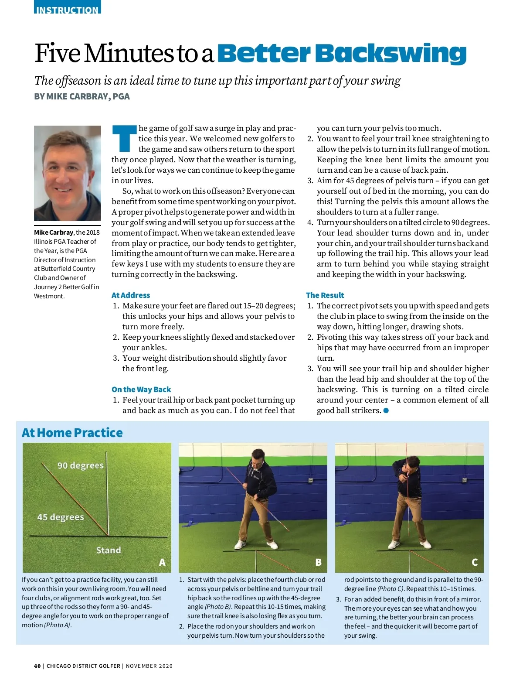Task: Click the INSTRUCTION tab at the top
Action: [x=67, y=9]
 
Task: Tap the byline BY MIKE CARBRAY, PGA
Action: [x=82, y=96]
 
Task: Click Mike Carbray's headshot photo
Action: [x=68, y=173]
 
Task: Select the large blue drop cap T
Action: [x=124, y=138]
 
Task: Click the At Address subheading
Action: [x=131, y=295]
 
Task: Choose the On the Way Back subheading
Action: [x=141, y=390]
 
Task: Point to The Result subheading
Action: [x=325, y=295]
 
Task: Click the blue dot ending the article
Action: [x=386, y=410]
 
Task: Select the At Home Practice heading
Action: [x=72, y=433]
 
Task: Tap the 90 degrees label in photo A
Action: [x=81, y=465]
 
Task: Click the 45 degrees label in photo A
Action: [x=61, y=517]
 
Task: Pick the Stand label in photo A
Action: [x=109, y=550]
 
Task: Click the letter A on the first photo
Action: [x=162, y=563]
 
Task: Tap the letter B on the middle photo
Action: [x=319, y=563]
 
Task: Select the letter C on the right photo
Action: [x=475, y=563]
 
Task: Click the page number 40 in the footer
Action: [x=37, y=666]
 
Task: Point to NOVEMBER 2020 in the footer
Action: [x=149, y=666]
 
